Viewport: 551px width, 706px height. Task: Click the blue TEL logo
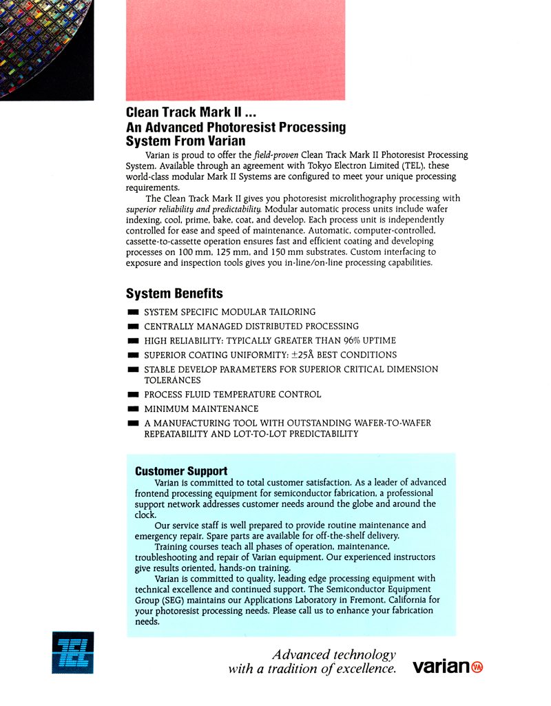[x=72, y=652]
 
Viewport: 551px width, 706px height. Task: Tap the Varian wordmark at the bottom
[x=440, y=667]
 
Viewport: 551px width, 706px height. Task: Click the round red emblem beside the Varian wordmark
[x=477, y=667]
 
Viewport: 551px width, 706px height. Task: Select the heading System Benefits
[x=174, y=293]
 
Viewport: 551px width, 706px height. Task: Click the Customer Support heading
[x=181, y=471]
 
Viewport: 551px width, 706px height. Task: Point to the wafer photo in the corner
[x=45, y=48]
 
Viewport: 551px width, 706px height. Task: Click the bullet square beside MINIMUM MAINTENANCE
[x=133, y=409]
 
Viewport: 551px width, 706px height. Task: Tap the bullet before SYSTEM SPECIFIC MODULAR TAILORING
[x=133, y=313]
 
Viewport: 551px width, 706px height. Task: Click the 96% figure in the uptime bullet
[x=353, y=340]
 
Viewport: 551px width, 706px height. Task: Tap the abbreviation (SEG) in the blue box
[x=174, y=600]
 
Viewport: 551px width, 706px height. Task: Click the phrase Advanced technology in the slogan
[x=333, y=654]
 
